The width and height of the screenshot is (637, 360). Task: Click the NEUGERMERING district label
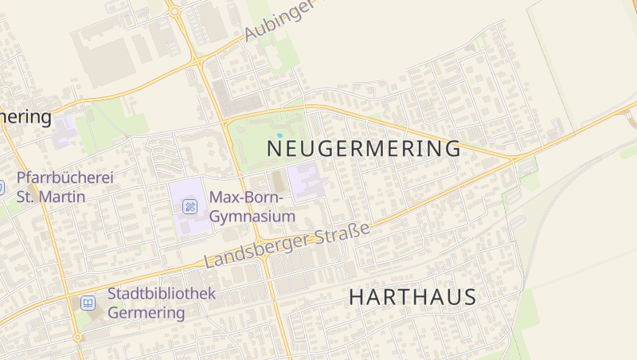click(x=363, y=148)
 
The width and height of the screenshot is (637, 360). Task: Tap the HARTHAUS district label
click(x=412, y=298)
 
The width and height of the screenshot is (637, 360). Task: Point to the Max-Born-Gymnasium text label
click(x=252, y=206)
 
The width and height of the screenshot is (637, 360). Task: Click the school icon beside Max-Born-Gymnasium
click(x=190, y=207)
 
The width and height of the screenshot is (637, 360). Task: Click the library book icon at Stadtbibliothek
click(x=88, y=303)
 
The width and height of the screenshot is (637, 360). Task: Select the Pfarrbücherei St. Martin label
click(x=65, y=186)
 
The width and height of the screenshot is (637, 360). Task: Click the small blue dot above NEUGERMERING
click(x=279, y=135)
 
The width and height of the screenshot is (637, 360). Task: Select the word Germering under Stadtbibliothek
click(x=146, y=312)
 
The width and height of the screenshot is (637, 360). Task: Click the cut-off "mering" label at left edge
click(x=25, y=117)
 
